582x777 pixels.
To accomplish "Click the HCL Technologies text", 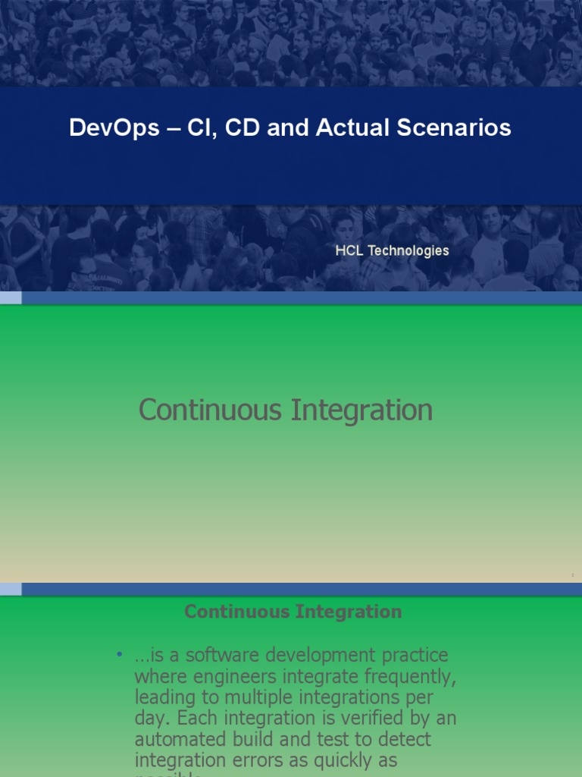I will point(393,250).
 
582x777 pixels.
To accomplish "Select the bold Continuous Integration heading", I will point(293,612).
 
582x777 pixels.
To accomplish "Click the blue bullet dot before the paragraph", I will point(119,655).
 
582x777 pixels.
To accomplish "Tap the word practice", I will point(416,655).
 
